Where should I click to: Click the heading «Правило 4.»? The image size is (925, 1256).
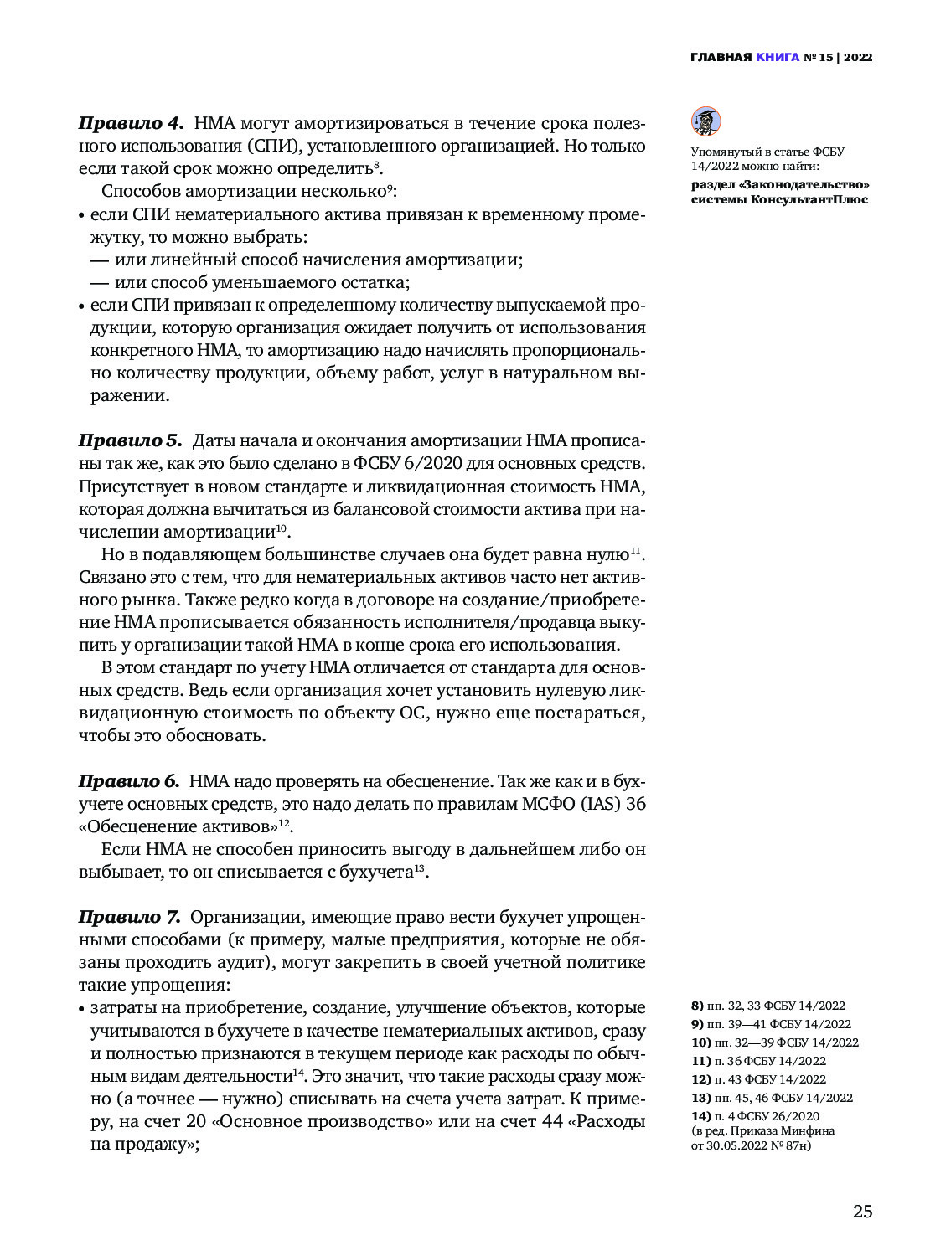(x=131, y=123)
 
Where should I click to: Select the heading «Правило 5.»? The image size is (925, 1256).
(x=130, y=440)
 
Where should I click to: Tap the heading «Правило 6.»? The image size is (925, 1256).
(x=129, y=781)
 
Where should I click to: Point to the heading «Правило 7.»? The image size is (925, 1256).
(x=130, y=917)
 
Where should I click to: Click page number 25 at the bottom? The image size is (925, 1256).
(x=862, y=1212)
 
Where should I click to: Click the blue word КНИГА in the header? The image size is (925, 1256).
(x=777, y=58)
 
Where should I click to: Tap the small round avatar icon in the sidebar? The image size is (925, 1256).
(x=705, y=121)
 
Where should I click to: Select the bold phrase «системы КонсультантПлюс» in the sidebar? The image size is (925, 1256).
(x=779, y=199)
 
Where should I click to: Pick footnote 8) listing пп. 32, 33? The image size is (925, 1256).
(x=767, y=1006)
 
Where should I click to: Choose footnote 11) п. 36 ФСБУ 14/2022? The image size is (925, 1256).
(x=758, y=1061)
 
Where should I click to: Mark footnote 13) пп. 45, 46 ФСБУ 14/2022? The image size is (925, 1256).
(x=772, y=1098)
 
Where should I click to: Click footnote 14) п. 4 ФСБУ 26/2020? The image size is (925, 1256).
(x=755, y=1116)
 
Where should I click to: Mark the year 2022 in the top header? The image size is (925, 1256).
(x=858, y=58)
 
